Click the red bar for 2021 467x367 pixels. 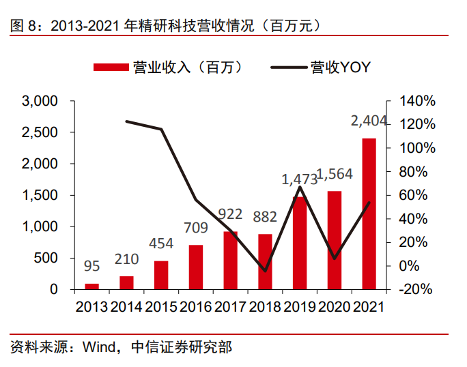click(x=369, y=214)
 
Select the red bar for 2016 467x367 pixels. click(x=196, y=267)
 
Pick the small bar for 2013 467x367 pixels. click(x=92, y=286)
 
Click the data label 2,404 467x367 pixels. click(x=369, y=121)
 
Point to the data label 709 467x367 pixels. click(x=196, y=227)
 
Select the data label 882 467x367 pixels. click(x=265, y=217)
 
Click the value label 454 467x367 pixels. click(x=162, y=244)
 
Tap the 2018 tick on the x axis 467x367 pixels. click(x=265, y=306)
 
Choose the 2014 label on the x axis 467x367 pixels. click(x=127, y=306)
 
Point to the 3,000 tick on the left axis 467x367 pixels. click(x=40, y=102)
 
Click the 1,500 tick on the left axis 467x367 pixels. click(x=40, y=196)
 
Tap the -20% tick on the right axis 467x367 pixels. click(x=415, y=289)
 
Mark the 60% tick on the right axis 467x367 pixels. click(x=414, y=196)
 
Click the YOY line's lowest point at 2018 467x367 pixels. click(x=265, y=271)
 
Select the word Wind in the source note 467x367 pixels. click(x=99, y=347)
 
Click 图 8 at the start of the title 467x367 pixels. click(x=22, y=26)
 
